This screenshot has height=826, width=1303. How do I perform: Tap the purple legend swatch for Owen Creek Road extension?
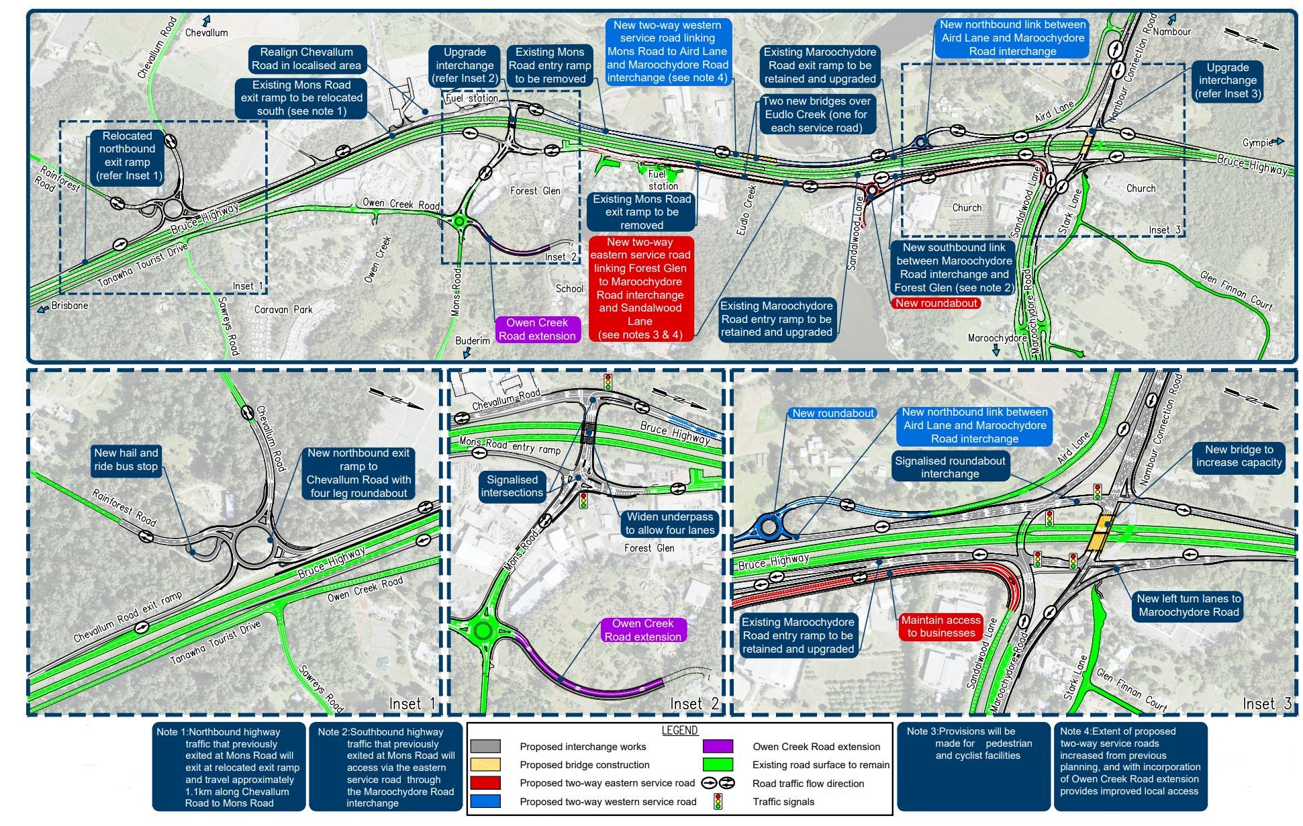point(718,747)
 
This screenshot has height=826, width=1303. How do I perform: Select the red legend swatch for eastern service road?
point(485,783)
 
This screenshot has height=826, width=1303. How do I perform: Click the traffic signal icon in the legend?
point(718,801)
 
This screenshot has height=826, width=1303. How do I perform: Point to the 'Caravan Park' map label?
point(283,310)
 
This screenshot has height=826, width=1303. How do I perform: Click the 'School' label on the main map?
point(569,289)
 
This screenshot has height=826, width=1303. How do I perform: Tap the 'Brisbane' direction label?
point(70,306)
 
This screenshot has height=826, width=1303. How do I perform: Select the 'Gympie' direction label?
point(1257,142)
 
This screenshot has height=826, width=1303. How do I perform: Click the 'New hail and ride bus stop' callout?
point(126,460)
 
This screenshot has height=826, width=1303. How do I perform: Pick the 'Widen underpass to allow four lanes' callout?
point(670,524)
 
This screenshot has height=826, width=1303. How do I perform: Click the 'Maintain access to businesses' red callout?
point(940,627)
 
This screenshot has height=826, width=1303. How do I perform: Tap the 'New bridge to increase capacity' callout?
point(1239,456)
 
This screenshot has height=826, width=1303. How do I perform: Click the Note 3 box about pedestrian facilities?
point(973,766)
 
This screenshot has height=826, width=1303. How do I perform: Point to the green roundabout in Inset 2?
point(483,631)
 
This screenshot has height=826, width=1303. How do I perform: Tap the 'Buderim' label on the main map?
point(473,340)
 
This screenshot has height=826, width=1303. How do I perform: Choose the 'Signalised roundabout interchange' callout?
point(950,467)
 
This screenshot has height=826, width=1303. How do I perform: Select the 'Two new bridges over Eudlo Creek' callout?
point(816,114)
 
